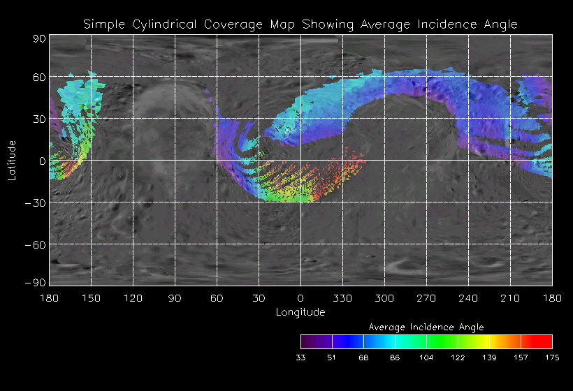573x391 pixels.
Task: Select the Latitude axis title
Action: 12,159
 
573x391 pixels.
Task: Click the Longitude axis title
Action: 300,312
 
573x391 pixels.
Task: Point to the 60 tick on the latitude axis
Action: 38,78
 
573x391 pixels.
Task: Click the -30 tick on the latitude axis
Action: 36,203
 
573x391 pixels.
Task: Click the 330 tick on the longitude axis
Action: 342,298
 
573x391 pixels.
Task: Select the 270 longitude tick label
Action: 426,298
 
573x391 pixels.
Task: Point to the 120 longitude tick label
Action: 133,298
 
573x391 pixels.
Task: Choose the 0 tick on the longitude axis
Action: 300,298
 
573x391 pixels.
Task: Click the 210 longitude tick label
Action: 510,298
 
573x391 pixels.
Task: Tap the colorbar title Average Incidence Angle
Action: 426,327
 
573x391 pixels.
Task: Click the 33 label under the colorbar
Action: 301,357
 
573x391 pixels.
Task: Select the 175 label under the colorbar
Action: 552,357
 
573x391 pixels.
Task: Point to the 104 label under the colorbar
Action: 426,357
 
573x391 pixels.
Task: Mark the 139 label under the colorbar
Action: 489,357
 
